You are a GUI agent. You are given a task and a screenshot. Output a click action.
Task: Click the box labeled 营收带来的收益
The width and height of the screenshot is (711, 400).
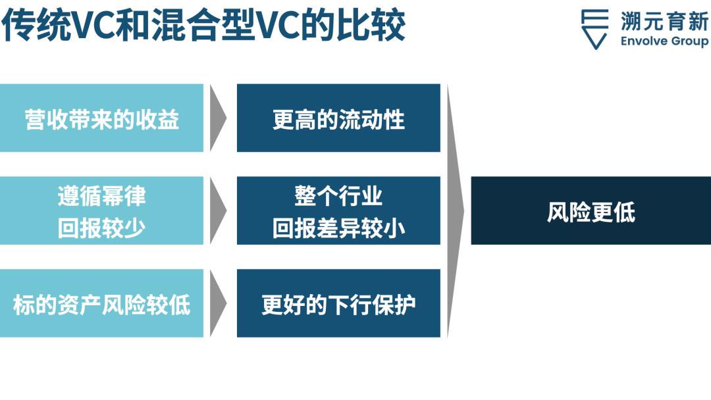[x=101, y=118]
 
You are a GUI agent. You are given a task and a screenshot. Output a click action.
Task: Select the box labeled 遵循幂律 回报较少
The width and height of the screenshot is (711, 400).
[x=101, y=211]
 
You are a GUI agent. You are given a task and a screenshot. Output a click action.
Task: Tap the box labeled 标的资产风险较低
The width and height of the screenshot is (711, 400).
[x=101, y=303]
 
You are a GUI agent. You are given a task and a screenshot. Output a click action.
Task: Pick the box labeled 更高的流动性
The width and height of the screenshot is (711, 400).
[x=338, y=118]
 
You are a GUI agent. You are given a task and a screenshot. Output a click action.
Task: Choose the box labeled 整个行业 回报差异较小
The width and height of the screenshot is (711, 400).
[x=338, y=211]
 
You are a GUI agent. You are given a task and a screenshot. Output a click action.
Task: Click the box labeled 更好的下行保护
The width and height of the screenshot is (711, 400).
[x=338, y=303]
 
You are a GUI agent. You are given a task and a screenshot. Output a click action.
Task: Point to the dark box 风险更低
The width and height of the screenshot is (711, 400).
[x=591, y=211]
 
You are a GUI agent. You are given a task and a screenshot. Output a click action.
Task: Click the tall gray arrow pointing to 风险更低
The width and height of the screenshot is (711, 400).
[x=454, y=211]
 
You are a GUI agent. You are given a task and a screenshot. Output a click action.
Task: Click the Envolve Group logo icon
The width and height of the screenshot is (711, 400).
[x=594, y=29]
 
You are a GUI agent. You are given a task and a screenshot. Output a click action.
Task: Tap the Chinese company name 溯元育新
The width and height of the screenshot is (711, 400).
[x=664, y=21]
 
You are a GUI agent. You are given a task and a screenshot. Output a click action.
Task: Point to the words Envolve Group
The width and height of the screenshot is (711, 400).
[x=664, y=41]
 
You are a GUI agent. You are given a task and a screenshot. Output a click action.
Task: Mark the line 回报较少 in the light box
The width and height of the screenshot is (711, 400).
[x=101, y=228]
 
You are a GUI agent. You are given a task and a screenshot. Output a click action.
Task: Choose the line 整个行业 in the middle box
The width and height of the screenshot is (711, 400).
[x=338, y=195]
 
